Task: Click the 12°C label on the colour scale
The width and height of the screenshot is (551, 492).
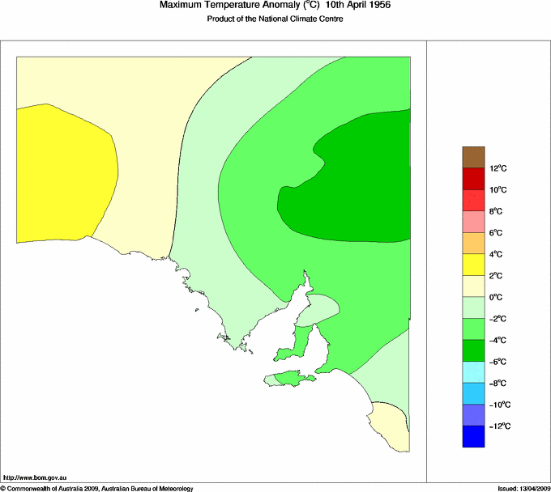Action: [500, 168]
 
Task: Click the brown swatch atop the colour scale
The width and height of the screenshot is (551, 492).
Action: [473, 157]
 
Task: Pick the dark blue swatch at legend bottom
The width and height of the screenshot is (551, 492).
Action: [473, 437]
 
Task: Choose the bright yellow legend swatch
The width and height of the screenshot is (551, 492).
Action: [473, 265]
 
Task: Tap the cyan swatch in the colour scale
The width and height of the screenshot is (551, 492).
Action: [473, 372]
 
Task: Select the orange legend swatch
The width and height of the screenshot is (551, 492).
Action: [473, 243]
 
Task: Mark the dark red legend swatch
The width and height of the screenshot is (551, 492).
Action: [473, 179]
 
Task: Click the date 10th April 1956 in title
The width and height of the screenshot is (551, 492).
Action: [358, 6]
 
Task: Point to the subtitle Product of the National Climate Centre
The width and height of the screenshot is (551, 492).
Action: [275, 19]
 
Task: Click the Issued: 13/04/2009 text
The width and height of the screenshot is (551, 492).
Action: [523, 488]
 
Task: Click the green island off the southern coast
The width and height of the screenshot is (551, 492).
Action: [290, 378]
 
